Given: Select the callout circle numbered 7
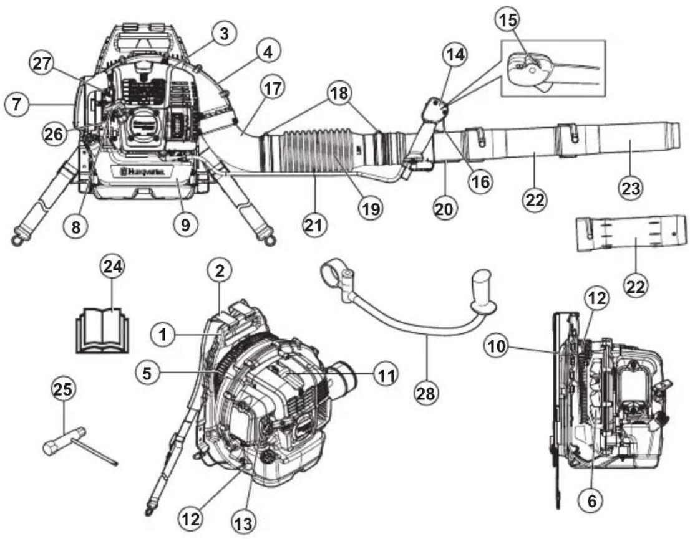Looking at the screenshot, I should [x=17, y=105].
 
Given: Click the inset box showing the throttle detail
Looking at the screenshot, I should [x=552, y=68].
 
